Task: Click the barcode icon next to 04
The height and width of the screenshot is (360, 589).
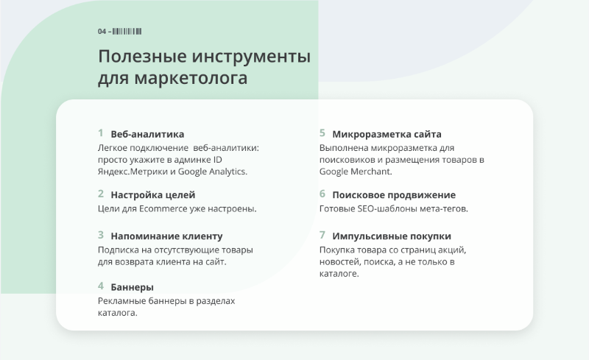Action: pyautogui.click(x=127, y=31)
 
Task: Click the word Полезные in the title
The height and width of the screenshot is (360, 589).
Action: pyautogui.click(x=142, y=57)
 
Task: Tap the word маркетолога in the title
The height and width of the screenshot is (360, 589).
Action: pyautogui.click(x=191, y=78)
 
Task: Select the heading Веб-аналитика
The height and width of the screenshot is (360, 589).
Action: pyautogui.click(x=147, y=134)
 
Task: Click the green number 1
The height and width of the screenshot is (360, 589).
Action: pyautogui.click(x=101, y=133)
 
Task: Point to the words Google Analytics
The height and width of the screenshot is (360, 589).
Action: pyautogui.click(x=212, y=172)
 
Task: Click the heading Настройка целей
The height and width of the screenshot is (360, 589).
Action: pyautogui.click(x=153, y=195)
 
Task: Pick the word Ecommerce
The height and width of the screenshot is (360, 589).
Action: pyautogui.click(x=163, y=208)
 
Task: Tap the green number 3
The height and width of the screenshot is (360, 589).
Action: pyautogui.click(x=101, y=236)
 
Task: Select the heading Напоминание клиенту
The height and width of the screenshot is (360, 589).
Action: pyautogui.click(x=166, y=236)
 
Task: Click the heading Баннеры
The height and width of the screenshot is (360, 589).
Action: pyautogui.click(x=133, y=287)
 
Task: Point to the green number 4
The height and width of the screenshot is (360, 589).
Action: pyautogui.click(x=101, y=286)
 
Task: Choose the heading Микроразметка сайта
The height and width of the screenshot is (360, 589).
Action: pyautogui.click(x=387, y=134)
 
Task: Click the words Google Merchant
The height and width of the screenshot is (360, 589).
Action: pyautogui.click(x=355, y=172)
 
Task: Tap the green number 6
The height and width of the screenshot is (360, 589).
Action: pyautogui.click(x=322, y=194)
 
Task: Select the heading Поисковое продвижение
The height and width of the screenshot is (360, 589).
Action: pyautogui.click(x=394, y=195)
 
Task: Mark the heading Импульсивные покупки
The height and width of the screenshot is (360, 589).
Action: pyautogui.click(x=392, y=236)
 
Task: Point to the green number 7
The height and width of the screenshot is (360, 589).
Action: pyautogui.click(x=322, y=236)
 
